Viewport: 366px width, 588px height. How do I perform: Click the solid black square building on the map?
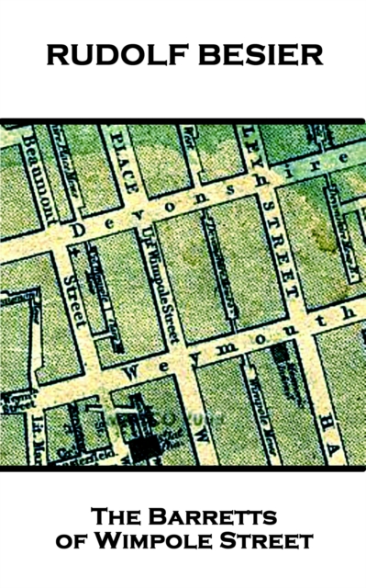[143, 447]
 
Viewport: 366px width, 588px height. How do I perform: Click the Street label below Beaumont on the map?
[73, 300]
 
